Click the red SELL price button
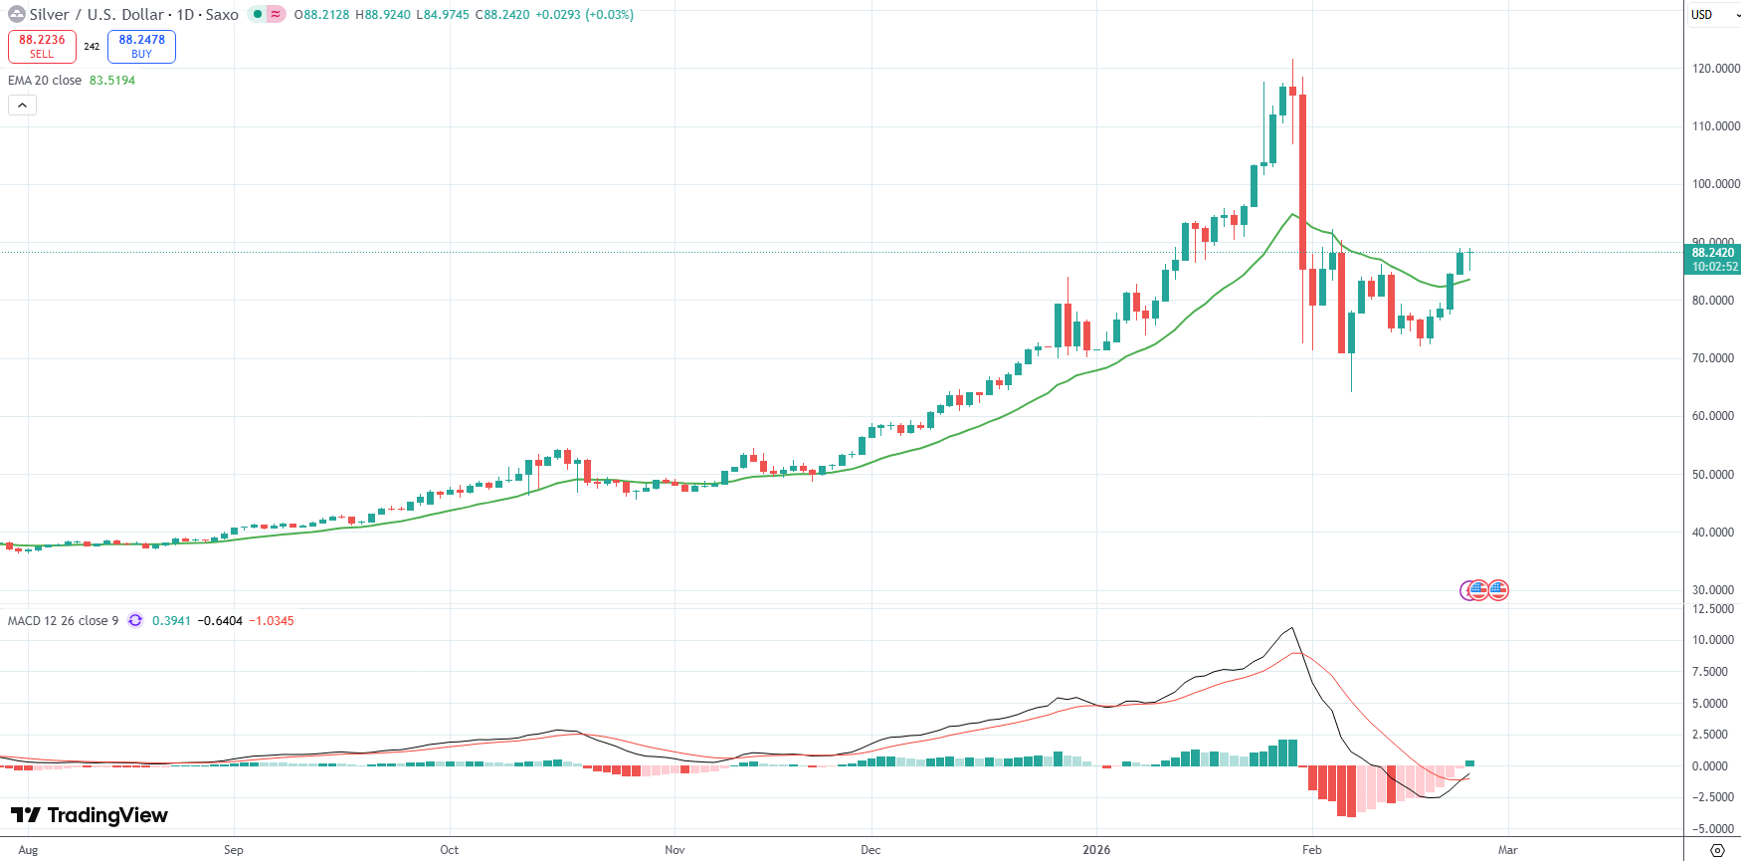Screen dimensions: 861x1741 [42, 46]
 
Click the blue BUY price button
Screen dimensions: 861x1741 [141, 46]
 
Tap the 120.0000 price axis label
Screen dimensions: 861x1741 [1715, 69]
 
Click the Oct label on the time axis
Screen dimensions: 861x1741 [450, 850]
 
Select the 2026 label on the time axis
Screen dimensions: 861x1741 [1096, 850]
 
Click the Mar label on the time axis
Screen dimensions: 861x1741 [1508, 850]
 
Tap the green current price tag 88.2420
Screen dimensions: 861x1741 [1713, 253]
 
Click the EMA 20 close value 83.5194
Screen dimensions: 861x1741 [112, 81]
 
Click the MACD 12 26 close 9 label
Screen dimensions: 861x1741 [63, 621]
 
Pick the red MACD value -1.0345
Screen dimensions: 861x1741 [271, 621]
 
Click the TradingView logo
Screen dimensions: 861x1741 [90, 815]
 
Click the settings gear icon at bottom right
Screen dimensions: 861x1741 [1717, 850]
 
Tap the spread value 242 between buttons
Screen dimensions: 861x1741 [92, 47]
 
